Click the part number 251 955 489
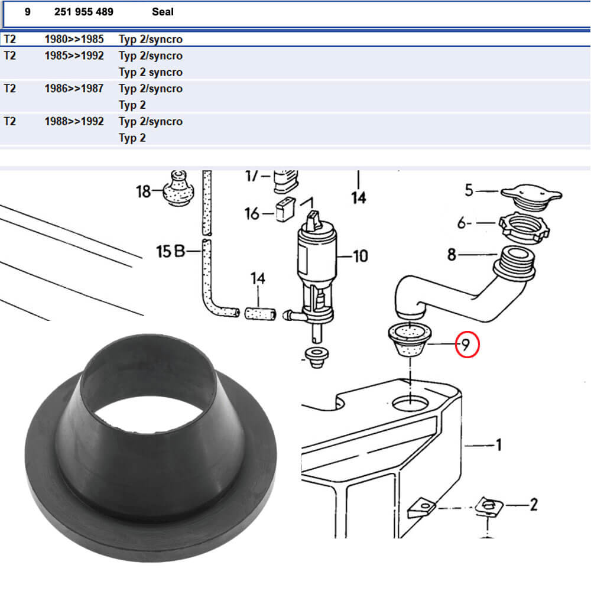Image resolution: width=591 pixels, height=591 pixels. [x=83, y=12]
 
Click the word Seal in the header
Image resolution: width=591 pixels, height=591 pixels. [x=163, y=12]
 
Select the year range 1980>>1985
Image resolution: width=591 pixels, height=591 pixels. [x=74, y=40]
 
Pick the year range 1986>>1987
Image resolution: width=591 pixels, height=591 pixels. [x=74, y=89]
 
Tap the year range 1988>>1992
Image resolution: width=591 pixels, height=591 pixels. [x=74, y=121]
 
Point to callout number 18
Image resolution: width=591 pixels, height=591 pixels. [x=143, y=191]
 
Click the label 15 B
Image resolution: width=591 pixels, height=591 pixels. [x=170, y=252]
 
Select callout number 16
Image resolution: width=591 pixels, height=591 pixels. [x=252, y=213]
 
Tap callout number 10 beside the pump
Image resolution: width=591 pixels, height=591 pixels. [x=360, y=256]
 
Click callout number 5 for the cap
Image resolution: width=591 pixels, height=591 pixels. [x=469, y=190]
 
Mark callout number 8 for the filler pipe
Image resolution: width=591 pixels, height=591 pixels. [x=452, y=255]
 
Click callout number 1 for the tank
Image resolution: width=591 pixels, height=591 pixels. [x=498, y=444]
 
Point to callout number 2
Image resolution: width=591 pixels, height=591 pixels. [x=533, y=504]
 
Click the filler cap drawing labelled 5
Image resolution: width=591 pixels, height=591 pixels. [x=531, y=196]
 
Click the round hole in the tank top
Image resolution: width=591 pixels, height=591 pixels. [x=410, y=404]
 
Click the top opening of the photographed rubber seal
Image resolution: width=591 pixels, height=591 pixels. [x=147, y=384]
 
